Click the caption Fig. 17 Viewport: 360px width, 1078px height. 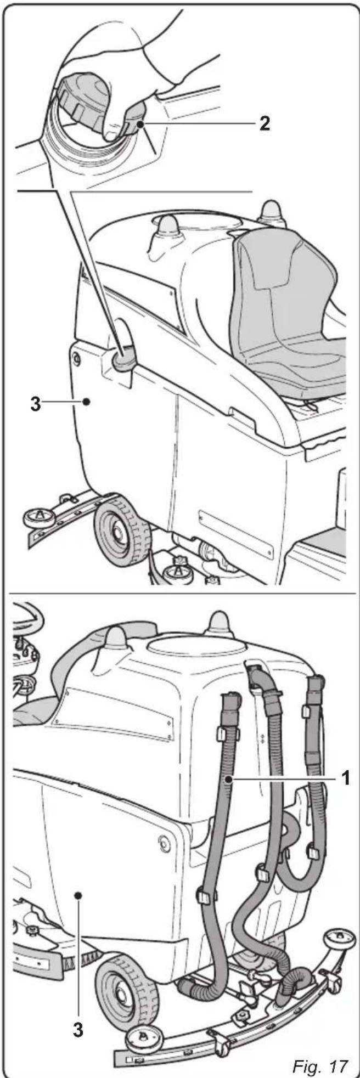pos(321,1051)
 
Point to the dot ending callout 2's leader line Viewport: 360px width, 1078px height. pos(142,125)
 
